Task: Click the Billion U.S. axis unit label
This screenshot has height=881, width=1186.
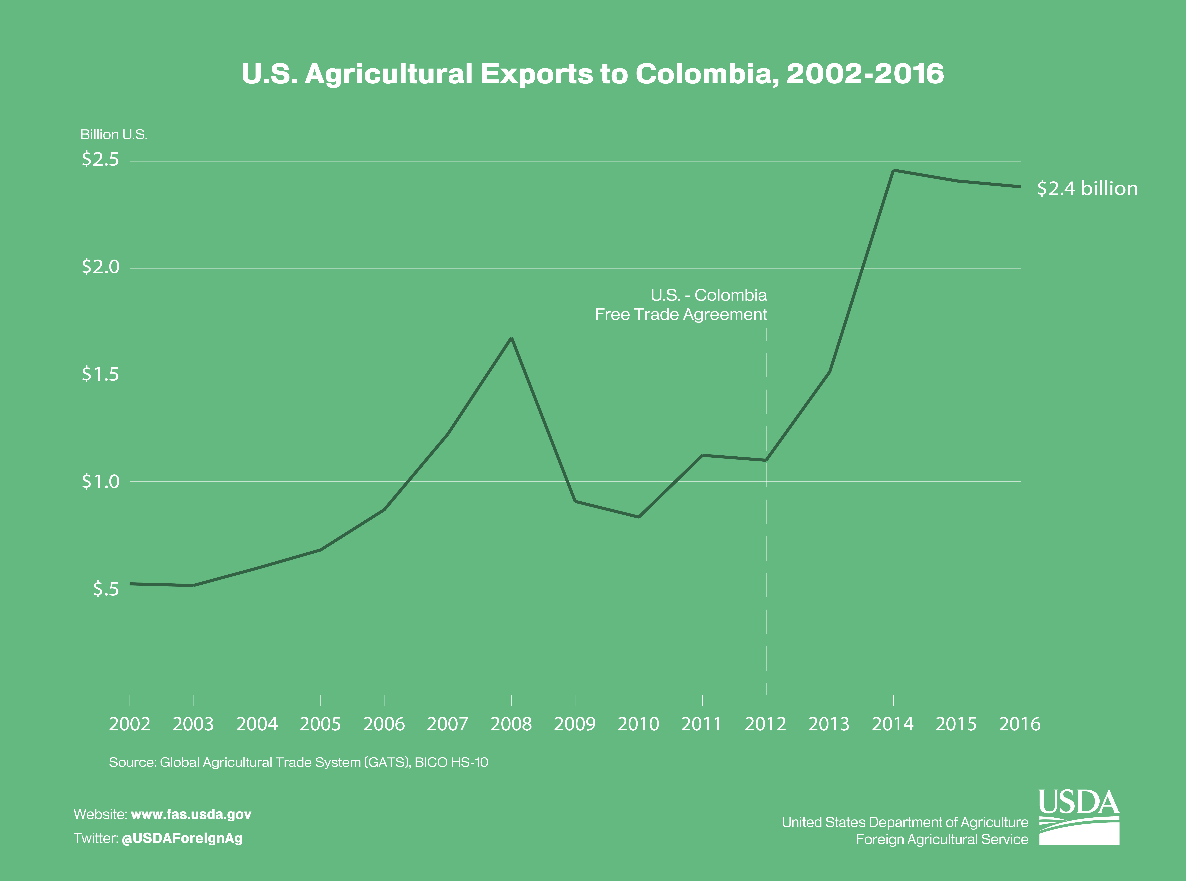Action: (114, 134)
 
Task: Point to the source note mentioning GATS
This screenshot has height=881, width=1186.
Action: (298, 762)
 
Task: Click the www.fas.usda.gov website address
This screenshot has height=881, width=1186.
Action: (191, 814)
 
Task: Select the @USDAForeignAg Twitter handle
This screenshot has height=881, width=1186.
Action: (182, 838)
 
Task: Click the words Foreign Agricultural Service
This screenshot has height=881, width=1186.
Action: (942, 839)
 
